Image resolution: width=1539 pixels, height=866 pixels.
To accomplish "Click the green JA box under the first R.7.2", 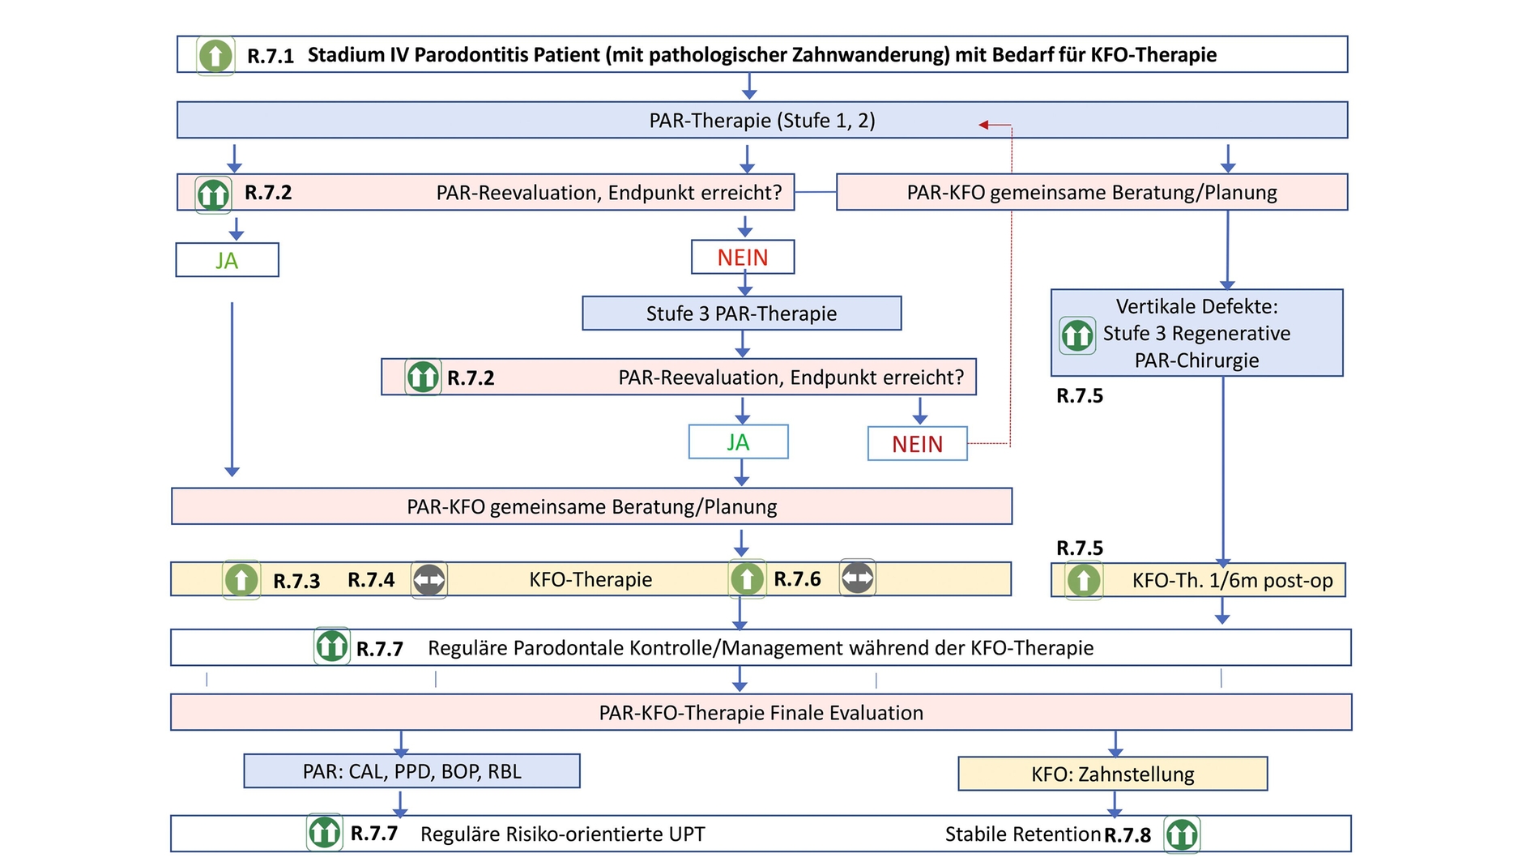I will (227, 260).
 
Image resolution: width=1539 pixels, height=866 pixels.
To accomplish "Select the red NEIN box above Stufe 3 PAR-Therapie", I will (742, 258).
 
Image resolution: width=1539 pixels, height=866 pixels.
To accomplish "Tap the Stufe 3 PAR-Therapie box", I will (741, 314).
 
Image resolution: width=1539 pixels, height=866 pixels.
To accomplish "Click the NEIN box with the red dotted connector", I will (917, 444).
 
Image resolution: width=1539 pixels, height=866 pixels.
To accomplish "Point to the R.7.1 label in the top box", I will (271, 56).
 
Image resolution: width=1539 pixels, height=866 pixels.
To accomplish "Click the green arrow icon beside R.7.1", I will (215, 56).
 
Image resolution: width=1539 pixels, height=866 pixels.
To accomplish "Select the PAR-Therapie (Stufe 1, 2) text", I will (761, 121).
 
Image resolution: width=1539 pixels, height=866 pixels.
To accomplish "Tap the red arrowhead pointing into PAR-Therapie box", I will (983, 125).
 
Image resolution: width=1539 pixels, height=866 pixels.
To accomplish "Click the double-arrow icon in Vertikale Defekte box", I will (1077, 335).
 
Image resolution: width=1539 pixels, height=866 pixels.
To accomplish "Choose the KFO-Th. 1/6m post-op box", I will (1198, 580).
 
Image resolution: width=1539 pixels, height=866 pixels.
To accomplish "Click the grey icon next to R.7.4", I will (428, 580).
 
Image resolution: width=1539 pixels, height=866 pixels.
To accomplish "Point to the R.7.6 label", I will (797, 579).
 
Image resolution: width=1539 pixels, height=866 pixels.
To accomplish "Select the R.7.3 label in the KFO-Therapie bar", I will (296, 581).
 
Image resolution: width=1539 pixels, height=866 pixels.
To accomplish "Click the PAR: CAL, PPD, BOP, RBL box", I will (411, 771).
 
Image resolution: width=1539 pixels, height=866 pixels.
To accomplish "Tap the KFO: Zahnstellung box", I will (1112, 774).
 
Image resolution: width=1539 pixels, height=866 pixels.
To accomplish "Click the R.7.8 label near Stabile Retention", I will (1128, 835).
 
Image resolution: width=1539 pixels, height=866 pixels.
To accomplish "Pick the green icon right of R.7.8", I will (1182, 834).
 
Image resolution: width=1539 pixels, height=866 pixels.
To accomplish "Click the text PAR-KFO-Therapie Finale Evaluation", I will (761, 713).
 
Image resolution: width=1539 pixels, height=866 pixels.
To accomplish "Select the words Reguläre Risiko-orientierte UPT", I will (562, 834).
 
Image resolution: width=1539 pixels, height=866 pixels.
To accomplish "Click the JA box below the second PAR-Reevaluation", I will (738, 442).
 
